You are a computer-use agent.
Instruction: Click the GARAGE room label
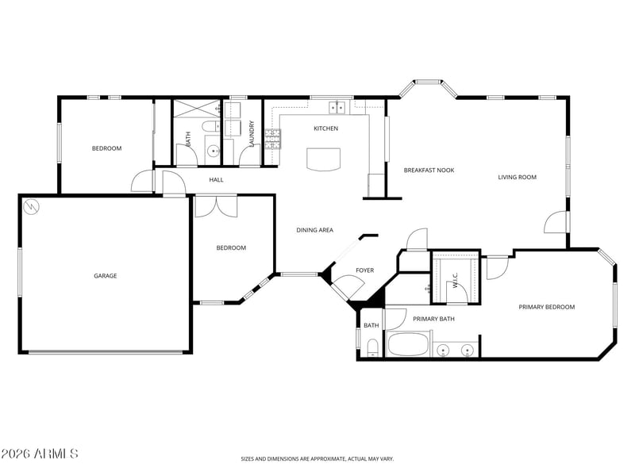pos(106,276)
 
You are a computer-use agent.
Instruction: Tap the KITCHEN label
pos(326,128)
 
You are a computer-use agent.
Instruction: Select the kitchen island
pos(323,159)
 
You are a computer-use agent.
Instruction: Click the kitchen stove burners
pos(273,140)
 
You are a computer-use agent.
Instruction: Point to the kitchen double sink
pos(337,108)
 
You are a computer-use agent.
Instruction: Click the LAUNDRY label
pos(252,134)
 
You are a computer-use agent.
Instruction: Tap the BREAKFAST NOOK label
pos(429,170)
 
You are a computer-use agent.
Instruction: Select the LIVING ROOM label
pos(518,177)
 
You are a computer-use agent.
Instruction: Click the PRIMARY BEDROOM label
pos(547,307)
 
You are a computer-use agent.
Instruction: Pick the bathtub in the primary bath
pos(408,345)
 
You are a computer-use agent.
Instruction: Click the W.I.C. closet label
pos(455,280)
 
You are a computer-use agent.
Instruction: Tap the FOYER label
pos(365,270)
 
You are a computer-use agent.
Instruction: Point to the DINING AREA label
pos(314,230)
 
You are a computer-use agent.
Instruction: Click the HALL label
pos(216,180)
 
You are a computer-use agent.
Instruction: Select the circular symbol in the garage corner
pos(32,207)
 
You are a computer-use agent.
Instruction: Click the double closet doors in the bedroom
pos(216,206)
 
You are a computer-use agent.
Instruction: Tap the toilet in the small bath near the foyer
pos(372,348)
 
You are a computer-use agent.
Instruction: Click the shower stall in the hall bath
pos(197,109)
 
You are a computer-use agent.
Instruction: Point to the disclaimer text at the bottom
pos(317,459)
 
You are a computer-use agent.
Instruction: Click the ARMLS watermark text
pos(39,454)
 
